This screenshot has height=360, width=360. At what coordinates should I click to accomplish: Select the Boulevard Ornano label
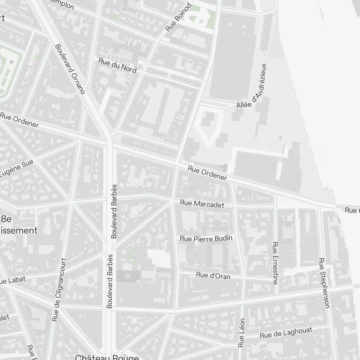click(x=69, y=69)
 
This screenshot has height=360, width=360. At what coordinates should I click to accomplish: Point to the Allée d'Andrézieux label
click(x=252, y=86)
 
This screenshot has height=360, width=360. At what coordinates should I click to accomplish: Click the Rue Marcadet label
click(x=202, y=204)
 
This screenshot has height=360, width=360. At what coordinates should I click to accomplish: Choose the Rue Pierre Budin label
click(x=206, y=238)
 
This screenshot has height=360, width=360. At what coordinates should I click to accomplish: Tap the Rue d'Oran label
click(x=213, y=276)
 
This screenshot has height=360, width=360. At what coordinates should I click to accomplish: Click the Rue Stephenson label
click(x=324, y=283)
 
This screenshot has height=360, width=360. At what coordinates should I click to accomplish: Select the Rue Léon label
click(x=242, y=333)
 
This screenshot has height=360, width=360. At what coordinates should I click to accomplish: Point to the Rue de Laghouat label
click(x=286, y=333)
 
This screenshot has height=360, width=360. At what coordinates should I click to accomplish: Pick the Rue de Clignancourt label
click(x=59, y=290)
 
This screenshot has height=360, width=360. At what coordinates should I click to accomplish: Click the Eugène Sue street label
click(x=16, y=169)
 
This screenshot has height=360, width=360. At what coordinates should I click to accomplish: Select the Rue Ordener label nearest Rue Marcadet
click(x=207, y=173)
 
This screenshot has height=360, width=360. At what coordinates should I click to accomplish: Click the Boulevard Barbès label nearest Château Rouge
click(x=110, y=281)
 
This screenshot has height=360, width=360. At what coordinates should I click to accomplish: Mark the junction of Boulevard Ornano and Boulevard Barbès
click(x=109, y=139)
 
